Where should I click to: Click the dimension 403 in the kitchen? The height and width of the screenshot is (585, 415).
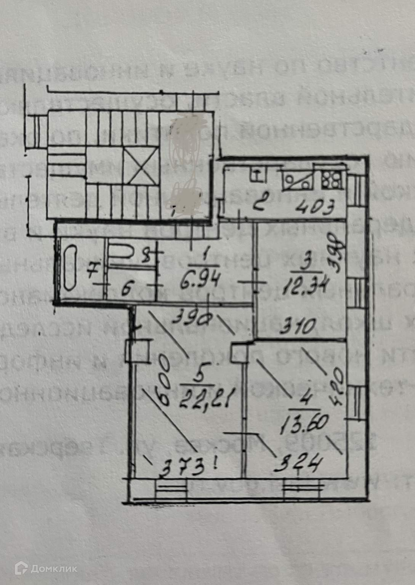[x=315, y=208]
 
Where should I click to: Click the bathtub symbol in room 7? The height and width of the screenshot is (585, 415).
[x=71, y=267]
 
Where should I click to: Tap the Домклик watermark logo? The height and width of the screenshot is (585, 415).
[x=46, y=569]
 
